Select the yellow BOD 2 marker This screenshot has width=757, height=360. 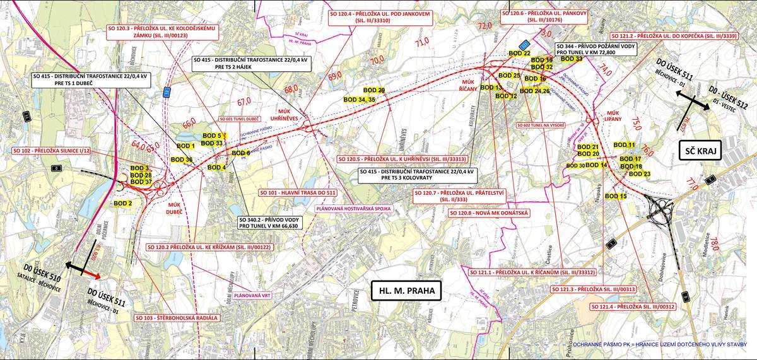tap(122, 203)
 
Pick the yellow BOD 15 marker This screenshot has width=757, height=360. tap(616, 197)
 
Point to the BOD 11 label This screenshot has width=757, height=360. tap(624, 145)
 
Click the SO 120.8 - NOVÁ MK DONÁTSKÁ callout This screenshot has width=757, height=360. tap(479, 214)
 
